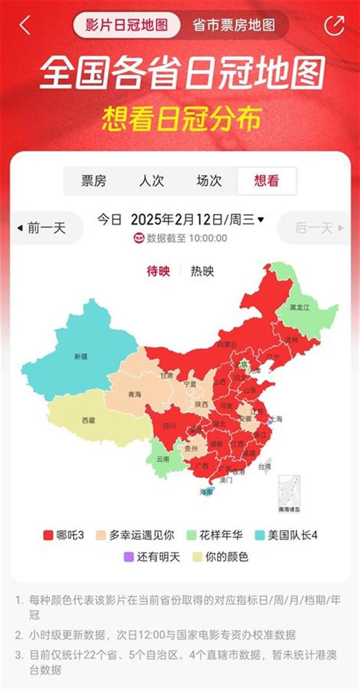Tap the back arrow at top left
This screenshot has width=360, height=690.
coord(24,25)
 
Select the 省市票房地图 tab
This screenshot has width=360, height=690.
coord(233,25)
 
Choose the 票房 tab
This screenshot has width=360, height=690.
coord(93,181)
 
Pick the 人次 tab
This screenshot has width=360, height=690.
coord(151,181)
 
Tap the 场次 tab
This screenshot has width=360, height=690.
coord(209,181)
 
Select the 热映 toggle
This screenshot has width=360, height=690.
coord(202,271)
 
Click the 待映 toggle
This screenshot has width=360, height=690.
coord(158,271)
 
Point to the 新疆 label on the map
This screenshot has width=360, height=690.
coord(80,356)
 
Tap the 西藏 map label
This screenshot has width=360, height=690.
coord(88,420)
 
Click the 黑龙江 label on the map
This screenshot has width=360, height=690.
coord(300,307)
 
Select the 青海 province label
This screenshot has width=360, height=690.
coord(134,395)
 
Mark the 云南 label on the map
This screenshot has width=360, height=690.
coord(163,459)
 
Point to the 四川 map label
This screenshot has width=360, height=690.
coord(169,426)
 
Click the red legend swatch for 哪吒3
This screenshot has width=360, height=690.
coord(48,535)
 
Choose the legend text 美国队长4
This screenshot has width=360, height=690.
coord(293,535)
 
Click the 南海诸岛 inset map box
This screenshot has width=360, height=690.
coord(289,494)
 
